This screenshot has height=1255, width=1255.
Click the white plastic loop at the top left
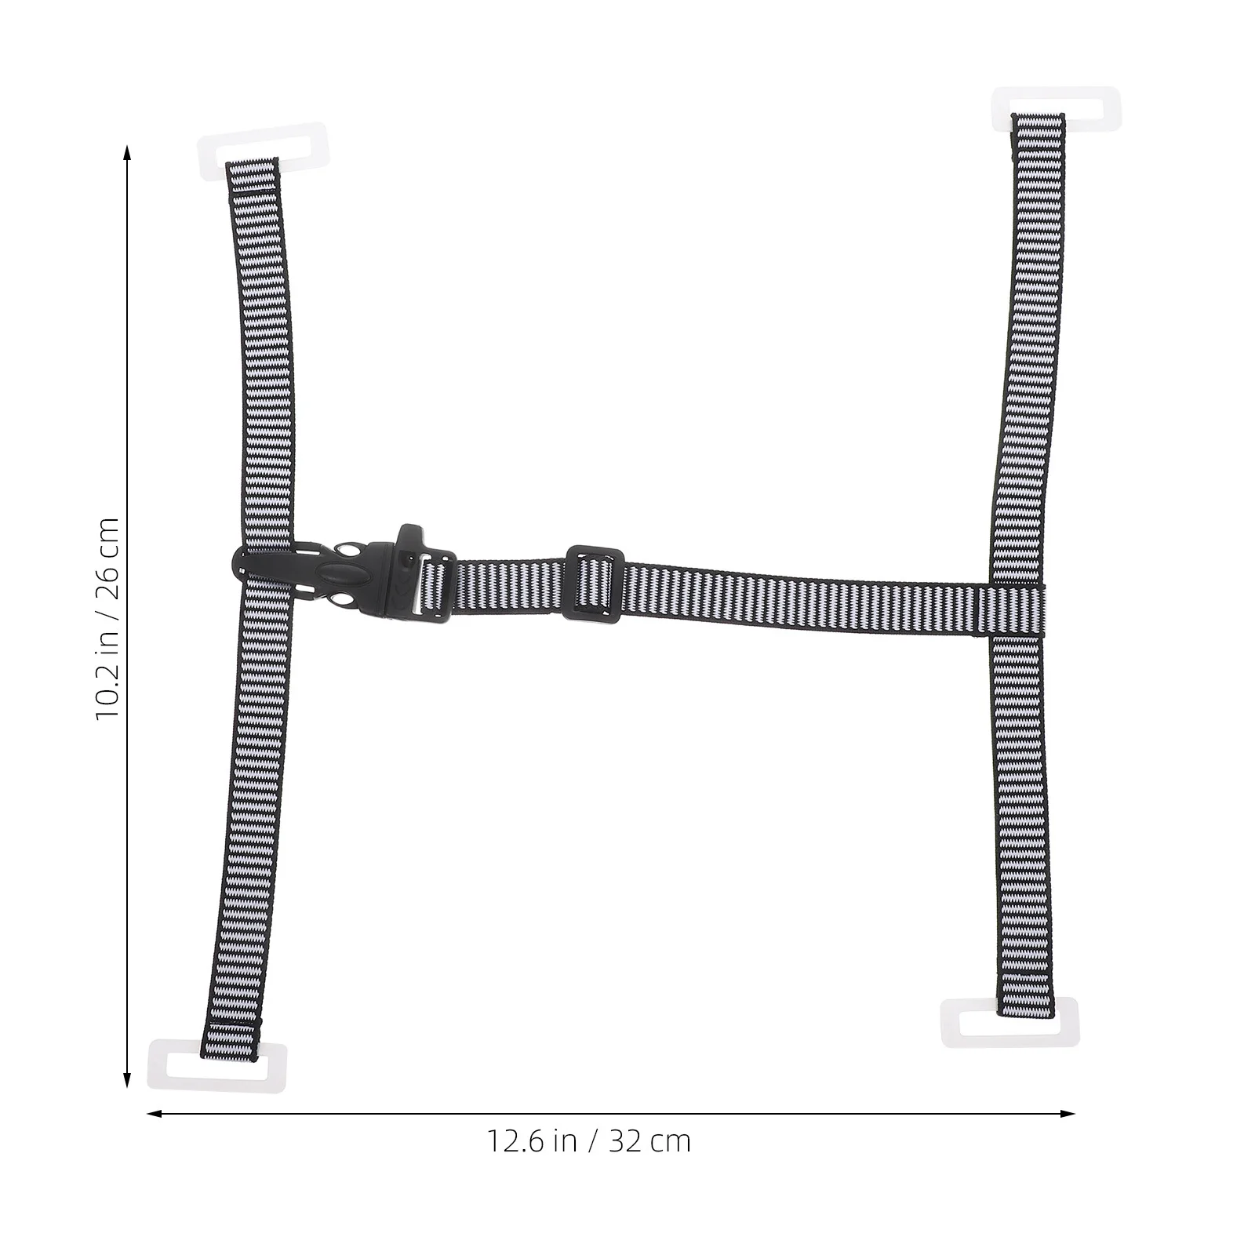[x=264, y=147]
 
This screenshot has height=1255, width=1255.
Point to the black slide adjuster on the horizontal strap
[x=594, y=583]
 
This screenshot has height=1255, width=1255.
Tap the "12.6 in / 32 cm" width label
[x=589, y=1141]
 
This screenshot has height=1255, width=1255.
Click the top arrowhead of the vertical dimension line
[x=126, y=151]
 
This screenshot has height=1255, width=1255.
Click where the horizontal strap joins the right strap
[x=1017, y=610]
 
